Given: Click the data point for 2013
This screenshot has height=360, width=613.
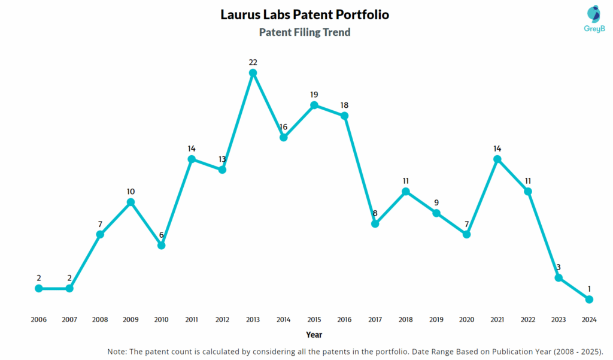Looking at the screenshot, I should click(x=253, y=73).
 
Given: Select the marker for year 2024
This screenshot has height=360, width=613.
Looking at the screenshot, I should click(x=589, y=299).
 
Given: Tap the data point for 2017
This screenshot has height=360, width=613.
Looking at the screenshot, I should click(x=375, y=223).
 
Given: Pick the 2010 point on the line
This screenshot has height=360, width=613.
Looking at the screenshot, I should click(x=161, y=245).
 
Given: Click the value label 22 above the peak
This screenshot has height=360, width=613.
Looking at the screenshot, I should click(x=253, y=62).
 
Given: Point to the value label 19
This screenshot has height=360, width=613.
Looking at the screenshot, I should click(x=314, y=95).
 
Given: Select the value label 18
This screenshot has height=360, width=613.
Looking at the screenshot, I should click(x=344, y=105).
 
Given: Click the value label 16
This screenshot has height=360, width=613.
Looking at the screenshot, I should click(x=283, y=127).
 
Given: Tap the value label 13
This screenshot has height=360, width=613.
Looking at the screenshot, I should click(x=222, y=159).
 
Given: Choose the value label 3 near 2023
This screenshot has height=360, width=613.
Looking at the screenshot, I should click(x=559, y=267).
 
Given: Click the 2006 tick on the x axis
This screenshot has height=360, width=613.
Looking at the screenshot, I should click(x=39, y=320).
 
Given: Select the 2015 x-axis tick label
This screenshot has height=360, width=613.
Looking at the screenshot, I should click(x=314, y=320).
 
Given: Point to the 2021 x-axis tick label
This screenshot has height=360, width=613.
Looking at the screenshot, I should click(x=497, y=320).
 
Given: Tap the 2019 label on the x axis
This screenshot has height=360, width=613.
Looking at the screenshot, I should click(x=436, y=320).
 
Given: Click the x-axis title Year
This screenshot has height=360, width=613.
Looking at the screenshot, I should click(x=314, y=335).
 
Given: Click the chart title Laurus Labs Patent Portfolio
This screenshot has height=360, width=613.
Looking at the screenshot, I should click(x=305, y=14).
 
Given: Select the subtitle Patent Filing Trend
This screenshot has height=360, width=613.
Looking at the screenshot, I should click(x=305, y=32).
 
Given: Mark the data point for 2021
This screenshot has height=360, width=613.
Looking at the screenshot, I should click(x=497, y=159).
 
